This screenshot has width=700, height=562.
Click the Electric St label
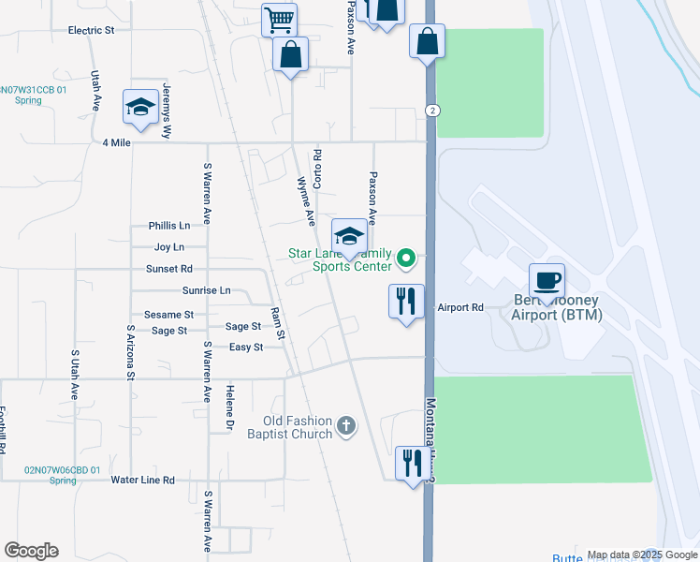91,30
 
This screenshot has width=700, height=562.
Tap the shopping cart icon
278,20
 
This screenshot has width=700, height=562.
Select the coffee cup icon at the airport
547,280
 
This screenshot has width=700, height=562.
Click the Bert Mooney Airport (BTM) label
557,307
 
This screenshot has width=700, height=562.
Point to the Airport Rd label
460,307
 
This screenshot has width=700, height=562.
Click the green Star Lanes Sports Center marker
406,257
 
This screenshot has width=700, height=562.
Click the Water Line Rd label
143,480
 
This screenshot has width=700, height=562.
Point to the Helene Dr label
228,407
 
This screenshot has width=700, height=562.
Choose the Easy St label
246,348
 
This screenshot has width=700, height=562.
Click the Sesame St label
168,315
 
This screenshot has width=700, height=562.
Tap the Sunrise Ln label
206,290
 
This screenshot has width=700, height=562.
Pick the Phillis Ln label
168,226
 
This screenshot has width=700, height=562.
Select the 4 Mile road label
117,142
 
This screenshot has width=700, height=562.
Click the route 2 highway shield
431,110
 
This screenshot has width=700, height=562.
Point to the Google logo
31,551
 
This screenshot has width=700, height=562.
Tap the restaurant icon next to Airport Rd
406,302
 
